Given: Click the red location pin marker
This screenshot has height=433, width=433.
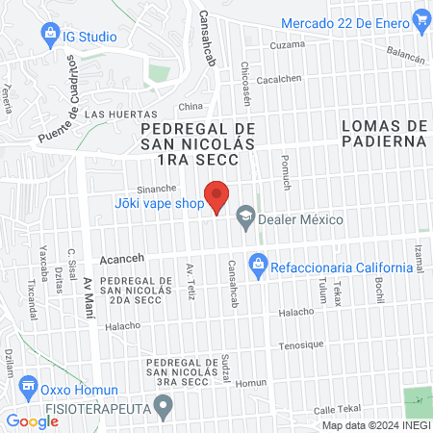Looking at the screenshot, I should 218,195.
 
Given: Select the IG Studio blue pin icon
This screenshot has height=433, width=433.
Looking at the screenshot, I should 49,37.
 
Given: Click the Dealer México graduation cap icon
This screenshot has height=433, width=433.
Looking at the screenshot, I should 245,218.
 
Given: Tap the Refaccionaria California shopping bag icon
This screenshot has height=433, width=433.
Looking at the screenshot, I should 257,262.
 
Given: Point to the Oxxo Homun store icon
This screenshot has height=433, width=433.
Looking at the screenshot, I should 27,390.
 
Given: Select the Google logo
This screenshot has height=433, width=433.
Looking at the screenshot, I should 32,420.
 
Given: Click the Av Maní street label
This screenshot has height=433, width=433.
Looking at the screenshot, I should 89,293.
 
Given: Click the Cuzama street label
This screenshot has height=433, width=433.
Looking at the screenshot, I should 288,45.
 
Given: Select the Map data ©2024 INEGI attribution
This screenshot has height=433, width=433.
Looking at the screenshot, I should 375,424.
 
